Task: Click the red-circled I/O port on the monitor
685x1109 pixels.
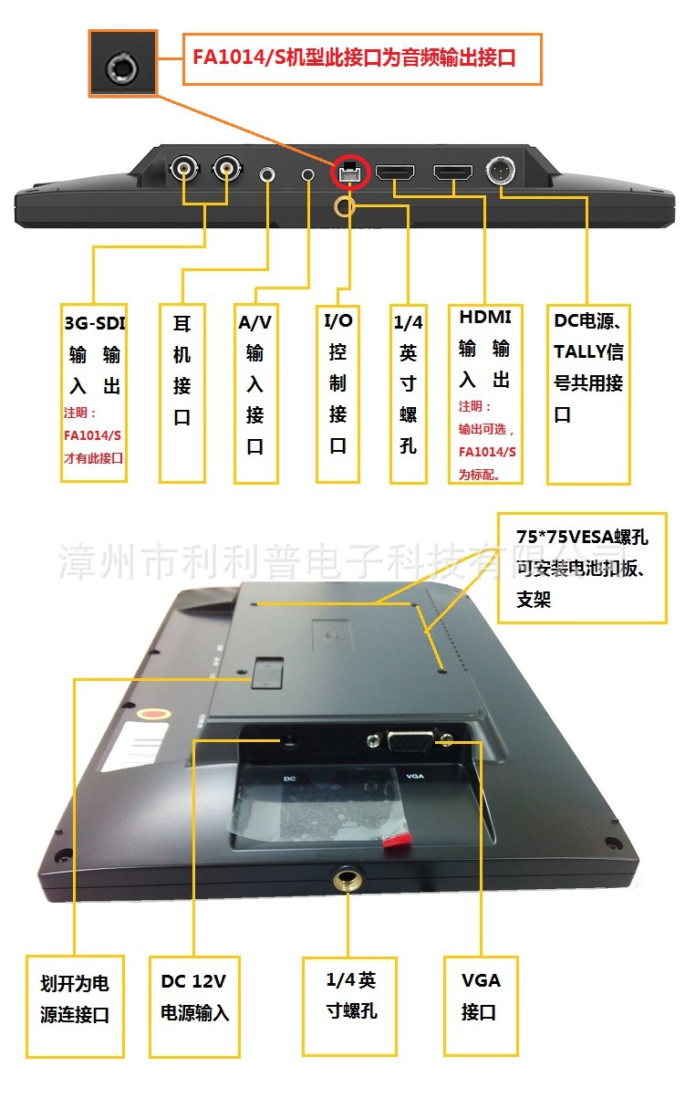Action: (349, 173)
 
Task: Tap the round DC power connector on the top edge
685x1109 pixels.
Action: (500, 172)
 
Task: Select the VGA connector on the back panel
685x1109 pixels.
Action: (410, 740)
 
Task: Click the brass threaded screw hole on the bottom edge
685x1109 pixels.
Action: (347, 880)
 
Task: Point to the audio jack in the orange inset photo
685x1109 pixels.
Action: (121, 68)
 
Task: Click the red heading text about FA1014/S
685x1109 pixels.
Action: (354, 58)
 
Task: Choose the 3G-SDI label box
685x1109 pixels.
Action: (93, 393)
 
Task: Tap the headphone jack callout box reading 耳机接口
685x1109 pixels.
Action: (182, 393)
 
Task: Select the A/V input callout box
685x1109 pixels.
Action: (255, 393)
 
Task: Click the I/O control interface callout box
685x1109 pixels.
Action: (337, 393)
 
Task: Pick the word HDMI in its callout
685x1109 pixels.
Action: (485, 318)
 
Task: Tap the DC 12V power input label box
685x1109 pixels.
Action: (195, 1007)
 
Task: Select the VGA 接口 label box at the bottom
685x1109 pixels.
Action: (481, 1006)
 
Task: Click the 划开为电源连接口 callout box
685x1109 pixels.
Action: (75, 1007)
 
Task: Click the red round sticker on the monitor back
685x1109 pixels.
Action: (153, 714)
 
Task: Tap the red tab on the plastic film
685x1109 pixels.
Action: (397, 839)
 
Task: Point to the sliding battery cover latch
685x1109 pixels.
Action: (267, 673)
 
